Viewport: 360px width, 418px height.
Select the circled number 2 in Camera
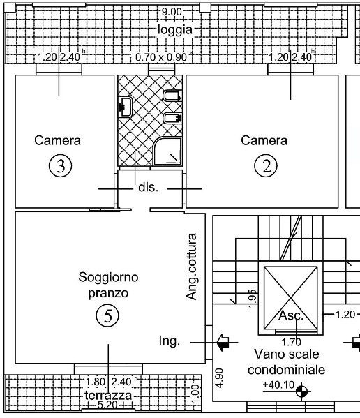(265, 166)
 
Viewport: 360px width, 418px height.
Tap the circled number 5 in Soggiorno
(107, 316)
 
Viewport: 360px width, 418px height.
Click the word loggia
(174, 31)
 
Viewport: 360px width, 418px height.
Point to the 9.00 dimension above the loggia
(172, 12)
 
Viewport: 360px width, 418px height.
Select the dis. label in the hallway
(147, 188)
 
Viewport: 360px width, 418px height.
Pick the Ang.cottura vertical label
(193, 267)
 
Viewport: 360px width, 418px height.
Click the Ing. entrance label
(170, 341)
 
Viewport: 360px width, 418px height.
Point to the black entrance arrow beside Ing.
(223, 342)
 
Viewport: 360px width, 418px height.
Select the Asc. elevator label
(291, 316)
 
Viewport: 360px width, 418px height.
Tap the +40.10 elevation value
(276, 385)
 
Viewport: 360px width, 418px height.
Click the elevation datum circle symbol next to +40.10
(301, 391)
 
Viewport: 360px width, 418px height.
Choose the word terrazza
(108, 395)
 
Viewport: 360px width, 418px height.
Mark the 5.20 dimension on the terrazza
(108, 405)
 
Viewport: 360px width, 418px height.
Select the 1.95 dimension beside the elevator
(253, 296)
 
